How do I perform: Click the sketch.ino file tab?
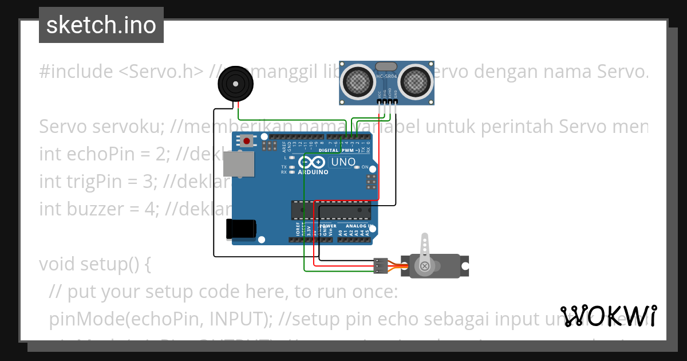pos(101,25)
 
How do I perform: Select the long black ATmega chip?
pos(331,210)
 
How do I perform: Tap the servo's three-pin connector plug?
pos(380,265)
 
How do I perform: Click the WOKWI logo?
pos(609,316)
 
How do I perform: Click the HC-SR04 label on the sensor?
pos(386,76)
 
